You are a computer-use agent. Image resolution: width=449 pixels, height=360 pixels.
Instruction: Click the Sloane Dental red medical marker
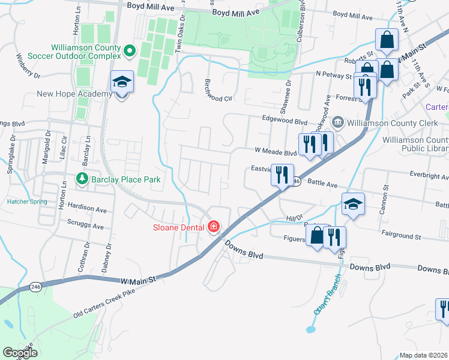[x=213, y=227]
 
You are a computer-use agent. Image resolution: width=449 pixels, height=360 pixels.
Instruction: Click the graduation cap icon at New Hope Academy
[x=122, y=82]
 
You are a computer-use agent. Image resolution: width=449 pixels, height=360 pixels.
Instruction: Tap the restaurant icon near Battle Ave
[x=282, y=175]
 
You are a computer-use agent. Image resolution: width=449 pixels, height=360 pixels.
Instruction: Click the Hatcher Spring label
[x=27, y=202]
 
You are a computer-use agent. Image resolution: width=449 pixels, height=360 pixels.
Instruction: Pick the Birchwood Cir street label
[x=218, y=89]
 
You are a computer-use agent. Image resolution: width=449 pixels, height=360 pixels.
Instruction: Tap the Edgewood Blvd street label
[x=285, y=120]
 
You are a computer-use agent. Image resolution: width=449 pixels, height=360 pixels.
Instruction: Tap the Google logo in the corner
[x=20, y=353]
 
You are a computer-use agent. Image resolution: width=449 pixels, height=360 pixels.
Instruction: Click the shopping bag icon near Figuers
[x=316, y=235]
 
